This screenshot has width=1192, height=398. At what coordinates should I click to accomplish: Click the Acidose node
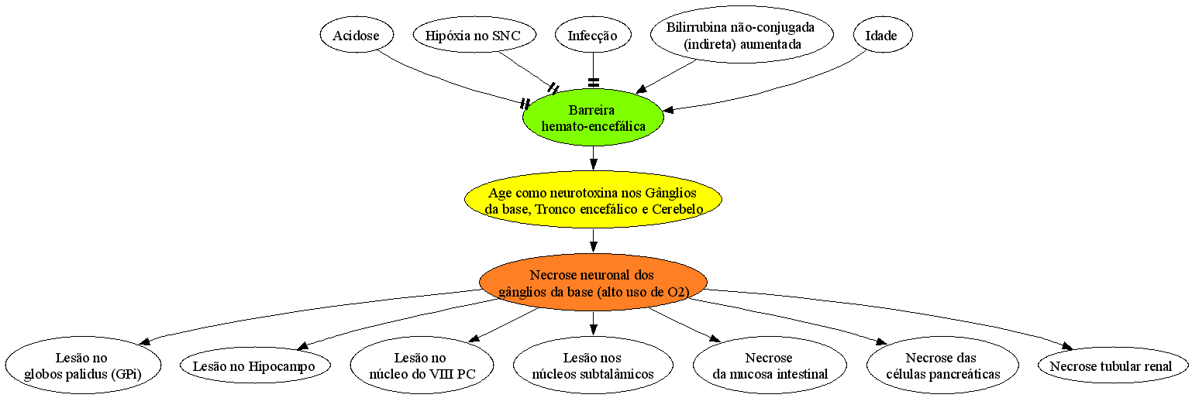point(357,35)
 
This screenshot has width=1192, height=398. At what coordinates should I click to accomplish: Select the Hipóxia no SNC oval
point(474,35)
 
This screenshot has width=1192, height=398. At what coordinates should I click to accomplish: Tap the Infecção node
point(593,35)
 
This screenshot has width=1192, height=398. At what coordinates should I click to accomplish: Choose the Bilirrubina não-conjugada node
point(742,35)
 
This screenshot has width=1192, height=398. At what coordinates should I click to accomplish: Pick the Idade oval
point(883,35)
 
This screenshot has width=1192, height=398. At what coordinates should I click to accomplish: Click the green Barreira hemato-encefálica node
point(593,118)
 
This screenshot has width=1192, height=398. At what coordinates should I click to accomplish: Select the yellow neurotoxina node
point(593,200)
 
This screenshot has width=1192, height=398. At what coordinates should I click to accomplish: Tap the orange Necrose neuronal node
point(593,282)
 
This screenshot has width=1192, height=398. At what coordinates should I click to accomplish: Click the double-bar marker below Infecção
point(594,82)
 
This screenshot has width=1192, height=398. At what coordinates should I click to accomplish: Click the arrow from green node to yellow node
point(594,159)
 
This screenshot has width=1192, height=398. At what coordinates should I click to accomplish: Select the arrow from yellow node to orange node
point(594,241)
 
